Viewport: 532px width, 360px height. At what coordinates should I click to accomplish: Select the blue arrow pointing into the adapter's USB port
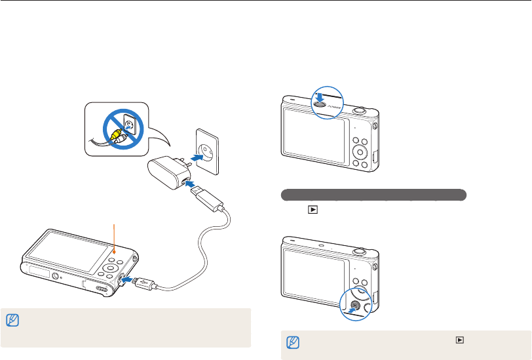194,188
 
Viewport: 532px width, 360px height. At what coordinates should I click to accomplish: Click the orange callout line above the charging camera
115,237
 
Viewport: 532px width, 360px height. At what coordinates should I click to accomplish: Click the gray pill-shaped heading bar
373,195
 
